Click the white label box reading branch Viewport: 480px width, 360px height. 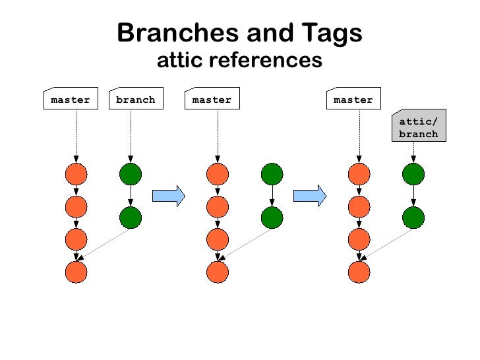(136, 100)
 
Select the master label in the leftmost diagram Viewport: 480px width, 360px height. (71, 100)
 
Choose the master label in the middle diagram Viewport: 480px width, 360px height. (212, 100)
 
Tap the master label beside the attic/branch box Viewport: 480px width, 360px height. (353, 100)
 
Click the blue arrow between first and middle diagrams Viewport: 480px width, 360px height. (168, 196)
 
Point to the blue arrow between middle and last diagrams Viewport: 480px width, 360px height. (310, 196)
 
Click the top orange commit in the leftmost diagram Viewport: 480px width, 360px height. (76, 175)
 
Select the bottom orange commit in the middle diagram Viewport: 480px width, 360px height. (218, 272)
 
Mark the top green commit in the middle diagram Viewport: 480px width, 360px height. (272, 175)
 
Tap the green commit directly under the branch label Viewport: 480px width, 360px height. (131, 175)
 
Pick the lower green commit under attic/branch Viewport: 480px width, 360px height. (413, 217)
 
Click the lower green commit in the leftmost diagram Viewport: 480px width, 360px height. (131, 217)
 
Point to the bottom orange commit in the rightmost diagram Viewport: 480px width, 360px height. (359, 272)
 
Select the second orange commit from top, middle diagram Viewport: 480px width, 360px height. (218, 206)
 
